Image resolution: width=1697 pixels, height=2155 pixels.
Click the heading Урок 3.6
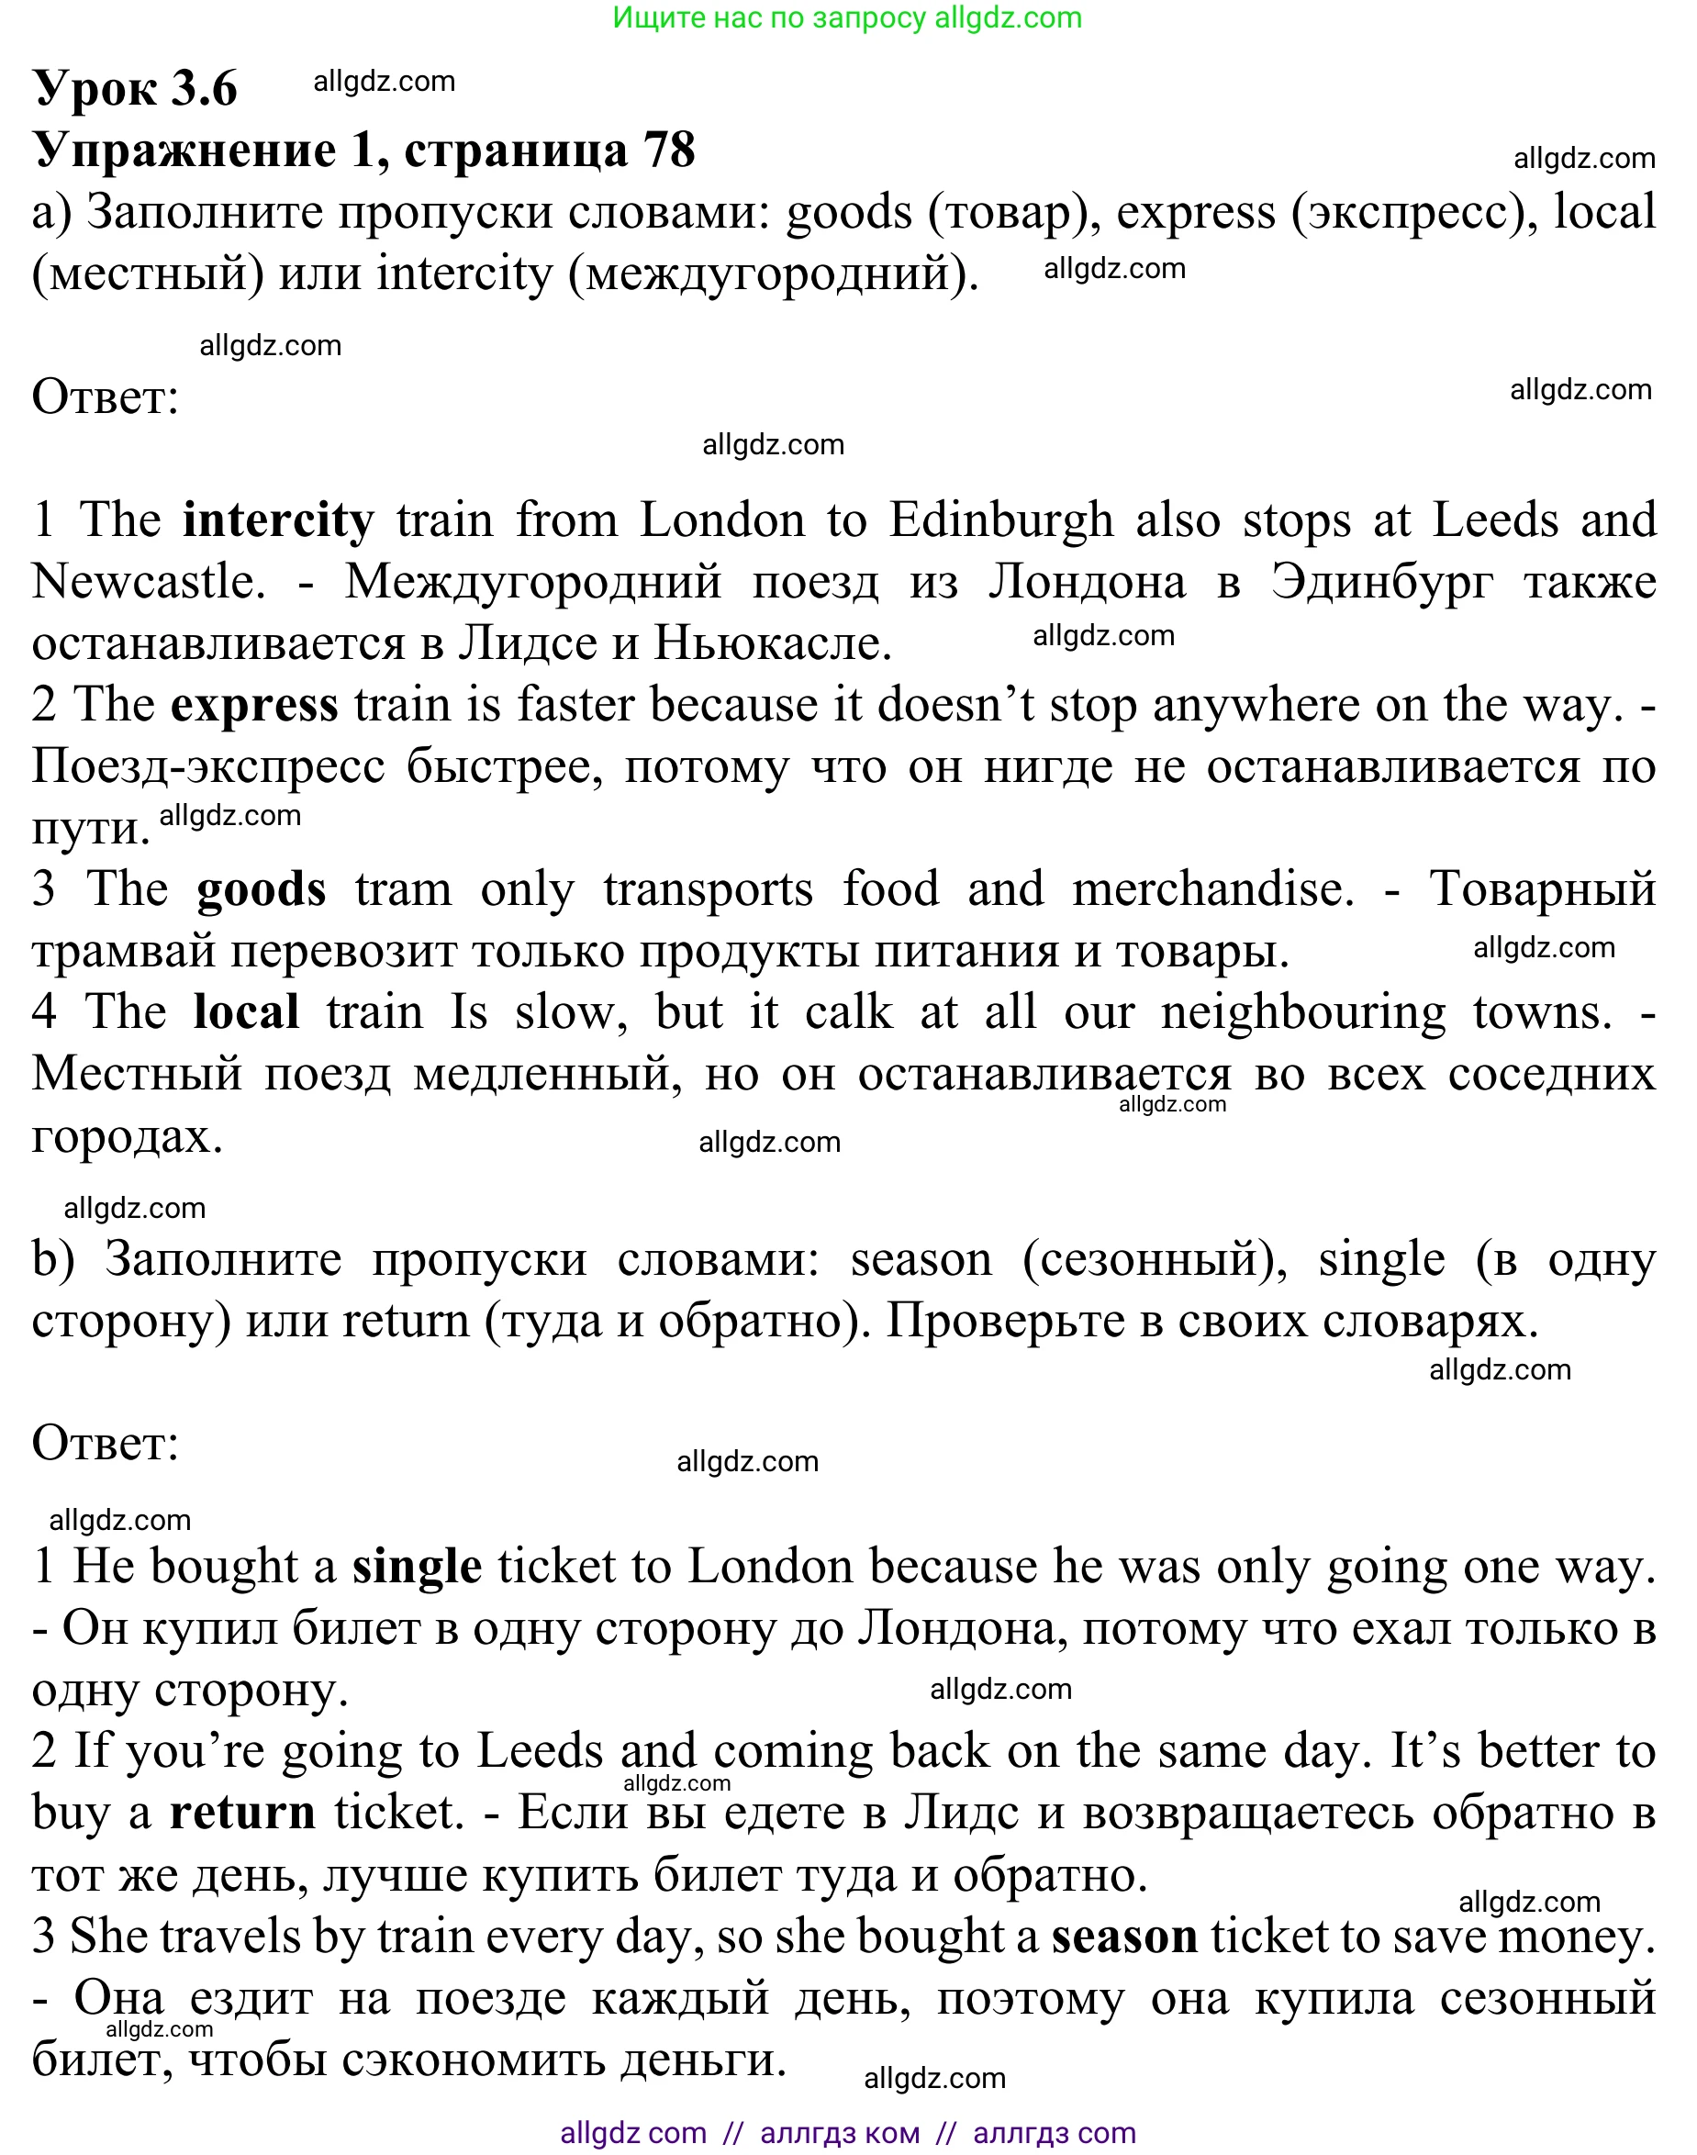coord(135,88)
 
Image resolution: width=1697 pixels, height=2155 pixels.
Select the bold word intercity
coord(278,519)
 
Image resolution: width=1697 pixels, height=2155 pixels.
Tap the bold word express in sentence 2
coord(254,705)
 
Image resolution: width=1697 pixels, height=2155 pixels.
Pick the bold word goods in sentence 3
coord(262,889)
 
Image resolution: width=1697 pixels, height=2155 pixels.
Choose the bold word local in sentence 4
coord(246,1011)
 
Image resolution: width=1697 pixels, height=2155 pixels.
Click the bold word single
coord(418,1567)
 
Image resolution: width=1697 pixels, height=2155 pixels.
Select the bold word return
coord(242,1813)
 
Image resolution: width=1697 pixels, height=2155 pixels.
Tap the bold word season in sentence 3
coord(1124,1937)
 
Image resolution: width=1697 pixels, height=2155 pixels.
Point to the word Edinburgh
coord(1000,519)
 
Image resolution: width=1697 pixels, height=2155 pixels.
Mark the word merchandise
coord(1212,889)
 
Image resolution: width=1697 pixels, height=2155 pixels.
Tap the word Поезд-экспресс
coord(208,766)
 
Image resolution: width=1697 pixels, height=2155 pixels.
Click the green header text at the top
coord(846,17)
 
